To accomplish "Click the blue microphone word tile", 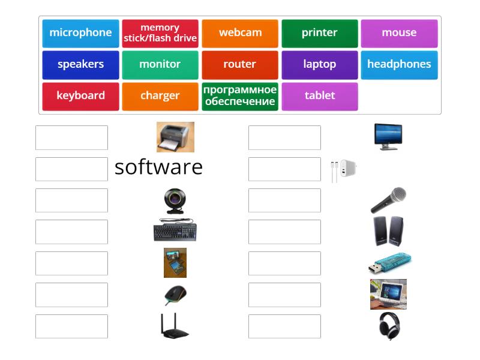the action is [x=80, y=33].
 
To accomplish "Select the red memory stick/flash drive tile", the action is [x=160, y=33].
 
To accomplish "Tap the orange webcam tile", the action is [x=240, y=33].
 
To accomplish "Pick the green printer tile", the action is [x=320, y=33].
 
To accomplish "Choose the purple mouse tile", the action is [x=399, y=33].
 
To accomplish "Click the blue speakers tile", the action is [x=80, y=65].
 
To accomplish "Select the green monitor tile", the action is [x=160, y=65].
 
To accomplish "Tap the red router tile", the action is [x=240, y=65].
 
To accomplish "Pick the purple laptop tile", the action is [x=320, y=65].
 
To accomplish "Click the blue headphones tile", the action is [x=399, y=65].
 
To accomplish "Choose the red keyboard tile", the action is [x=80, y=96].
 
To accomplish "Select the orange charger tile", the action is [x=160, y=96].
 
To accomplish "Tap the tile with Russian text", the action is [x=240, y=96].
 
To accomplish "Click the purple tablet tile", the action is [x=320, y=96].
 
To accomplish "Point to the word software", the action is [x=158, y=167].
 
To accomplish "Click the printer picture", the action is [x=175, y=137].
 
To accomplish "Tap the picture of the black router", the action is [x=175, y=326].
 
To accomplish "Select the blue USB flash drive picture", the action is [x=389, y=263].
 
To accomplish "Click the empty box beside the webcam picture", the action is [x=71, y=200].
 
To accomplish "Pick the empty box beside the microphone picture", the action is [x=284, y=200].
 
